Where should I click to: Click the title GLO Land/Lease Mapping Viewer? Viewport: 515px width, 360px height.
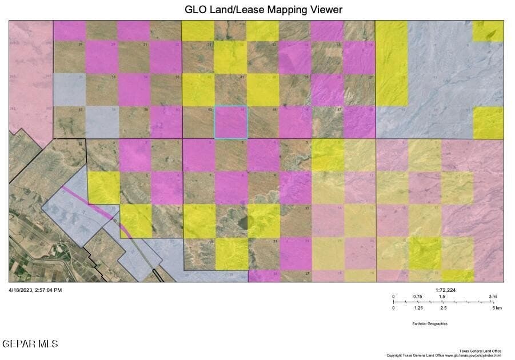click(x=264, y=10)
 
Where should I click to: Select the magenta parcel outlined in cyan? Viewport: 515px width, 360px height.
click(x=231, y=122)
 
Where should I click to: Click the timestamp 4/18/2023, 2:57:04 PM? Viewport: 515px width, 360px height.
click(x=35, y=290)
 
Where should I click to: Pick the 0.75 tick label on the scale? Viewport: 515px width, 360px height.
click(x=418, y=296)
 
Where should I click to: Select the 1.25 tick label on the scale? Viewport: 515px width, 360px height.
click(x=418, y=308)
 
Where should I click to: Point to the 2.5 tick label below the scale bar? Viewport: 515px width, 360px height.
click(x=443, y=308)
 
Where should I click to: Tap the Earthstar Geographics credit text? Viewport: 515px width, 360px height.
click(x=430, y=323)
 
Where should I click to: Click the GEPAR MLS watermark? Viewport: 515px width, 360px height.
click(x=30, y=343)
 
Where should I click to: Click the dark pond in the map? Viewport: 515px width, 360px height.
click(x=244, y=221)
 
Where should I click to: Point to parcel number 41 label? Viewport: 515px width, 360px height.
click(x=242, y=77)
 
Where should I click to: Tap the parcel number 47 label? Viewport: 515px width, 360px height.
click(x=340, y=109)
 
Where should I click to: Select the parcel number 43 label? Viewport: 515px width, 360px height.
click(x=210, y=109)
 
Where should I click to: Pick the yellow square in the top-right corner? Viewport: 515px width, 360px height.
click(x=488, y=31)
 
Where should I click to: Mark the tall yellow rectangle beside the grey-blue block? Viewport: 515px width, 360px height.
click(x=392, y=63)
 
